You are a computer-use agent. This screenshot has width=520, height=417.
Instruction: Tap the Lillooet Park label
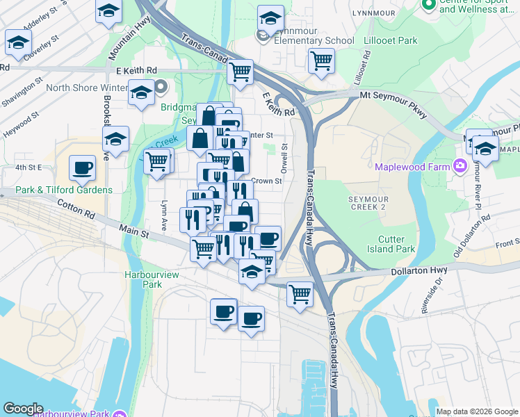point(391,41)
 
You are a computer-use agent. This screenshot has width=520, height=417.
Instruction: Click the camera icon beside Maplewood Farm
point(460,166)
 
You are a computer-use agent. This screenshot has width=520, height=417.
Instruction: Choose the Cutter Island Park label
point(391,244)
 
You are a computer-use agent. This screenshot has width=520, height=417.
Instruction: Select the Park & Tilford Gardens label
point(56,190)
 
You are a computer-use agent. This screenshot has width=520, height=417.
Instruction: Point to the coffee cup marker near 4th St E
point(82,167)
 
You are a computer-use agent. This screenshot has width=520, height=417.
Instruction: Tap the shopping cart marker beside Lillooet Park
point(321,60)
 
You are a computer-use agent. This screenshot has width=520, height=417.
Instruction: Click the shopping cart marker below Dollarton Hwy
point(300,293)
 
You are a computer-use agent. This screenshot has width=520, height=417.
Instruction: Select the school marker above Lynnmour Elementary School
point(270,17)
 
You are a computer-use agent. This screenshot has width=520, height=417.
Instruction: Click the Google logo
point(23,409)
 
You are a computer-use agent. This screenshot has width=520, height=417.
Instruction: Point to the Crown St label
point(266,181)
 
